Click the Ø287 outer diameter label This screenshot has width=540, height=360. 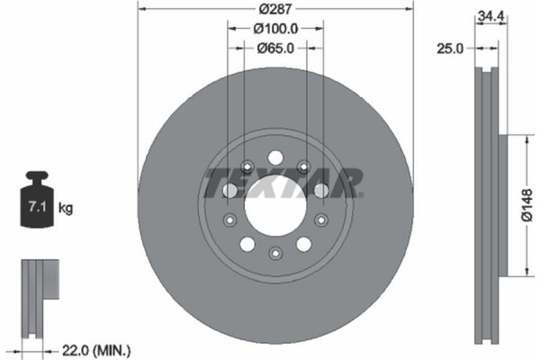tap(274, 10)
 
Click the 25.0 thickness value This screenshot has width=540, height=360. tap(446, 49)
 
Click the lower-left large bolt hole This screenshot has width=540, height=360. tap(246, 243)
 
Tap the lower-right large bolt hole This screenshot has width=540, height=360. tap(304, 243)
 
